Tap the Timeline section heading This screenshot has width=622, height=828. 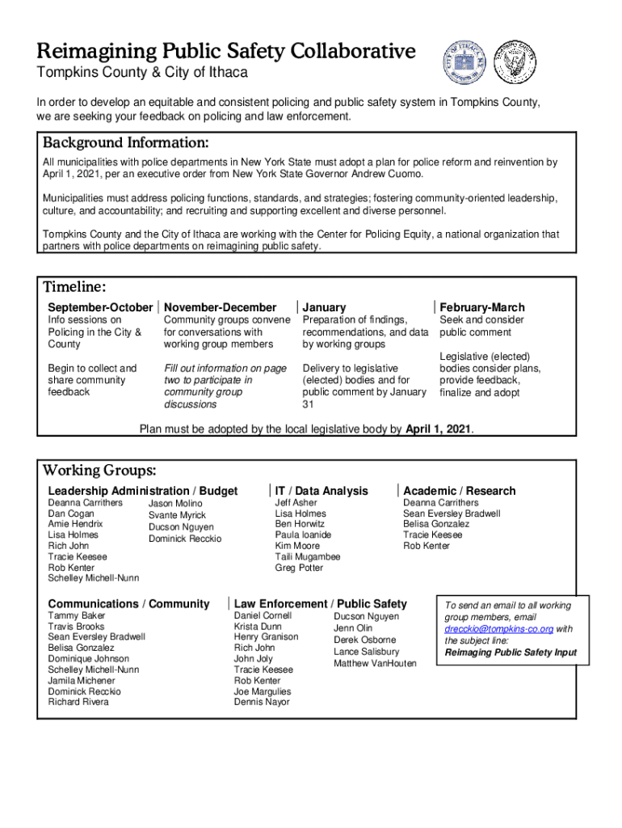(74, 287)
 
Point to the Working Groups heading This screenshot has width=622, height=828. (99, 471)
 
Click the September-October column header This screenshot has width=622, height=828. (99, 307)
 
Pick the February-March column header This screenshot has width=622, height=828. (481, 307)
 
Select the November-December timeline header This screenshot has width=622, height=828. (220, 307)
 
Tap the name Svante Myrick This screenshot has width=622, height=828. (177, 515)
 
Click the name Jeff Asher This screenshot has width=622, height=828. (296, 502)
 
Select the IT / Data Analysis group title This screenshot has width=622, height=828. (321, 491)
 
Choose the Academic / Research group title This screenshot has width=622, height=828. (459, 491)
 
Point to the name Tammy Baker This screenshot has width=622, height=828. (77, 616)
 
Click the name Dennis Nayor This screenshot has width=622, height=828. (261, 702)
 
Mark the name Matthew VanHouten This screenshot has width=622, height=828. (375, 664)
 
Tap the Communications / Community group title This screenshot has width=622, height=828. (128, 604)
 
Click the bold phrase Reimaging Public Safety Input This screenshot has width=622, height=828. (511, 653)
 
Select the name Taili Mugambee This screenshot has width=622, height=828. (308, 556)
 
